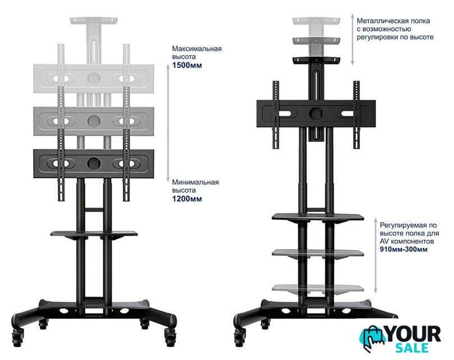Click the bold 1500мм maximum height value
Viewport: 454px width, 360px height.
point(187,65)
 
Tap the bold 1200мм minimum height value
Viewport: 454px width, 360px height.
point(187,199)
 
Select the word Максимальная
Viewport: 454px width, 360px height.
point(197,48)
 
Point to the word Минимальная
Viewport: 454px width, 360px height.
point(196,182)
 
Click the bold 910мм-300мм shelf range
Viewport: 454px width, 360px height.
point(403,249)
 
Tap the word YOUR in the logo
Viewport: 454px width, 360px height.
point(414,334)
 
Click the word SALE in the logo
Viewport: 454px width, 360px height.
point(412,348)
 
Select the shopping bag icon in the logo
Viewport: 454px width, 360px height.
point(372,339)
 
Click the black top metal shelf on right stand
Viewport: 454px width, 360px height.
point(316,60)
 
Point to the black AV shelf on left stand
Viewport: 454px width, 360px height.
point(94,234)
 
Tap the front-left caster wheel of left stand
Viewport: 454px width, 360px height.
point(18,337)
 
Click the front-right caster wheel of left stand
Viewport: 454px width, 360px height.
point(170,337)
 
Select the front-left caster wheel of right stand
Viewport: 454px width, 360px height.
point(240,337)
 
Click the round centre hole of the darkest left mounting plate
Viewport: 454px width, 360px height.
point(94,163)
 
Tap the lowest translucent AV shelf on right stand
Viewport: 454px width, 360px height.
point(318,289)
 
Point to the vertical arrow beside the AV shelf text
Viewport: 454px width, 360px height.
point(375,255)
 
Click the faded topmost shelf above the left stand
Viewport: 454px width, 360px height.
point(93,21)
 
